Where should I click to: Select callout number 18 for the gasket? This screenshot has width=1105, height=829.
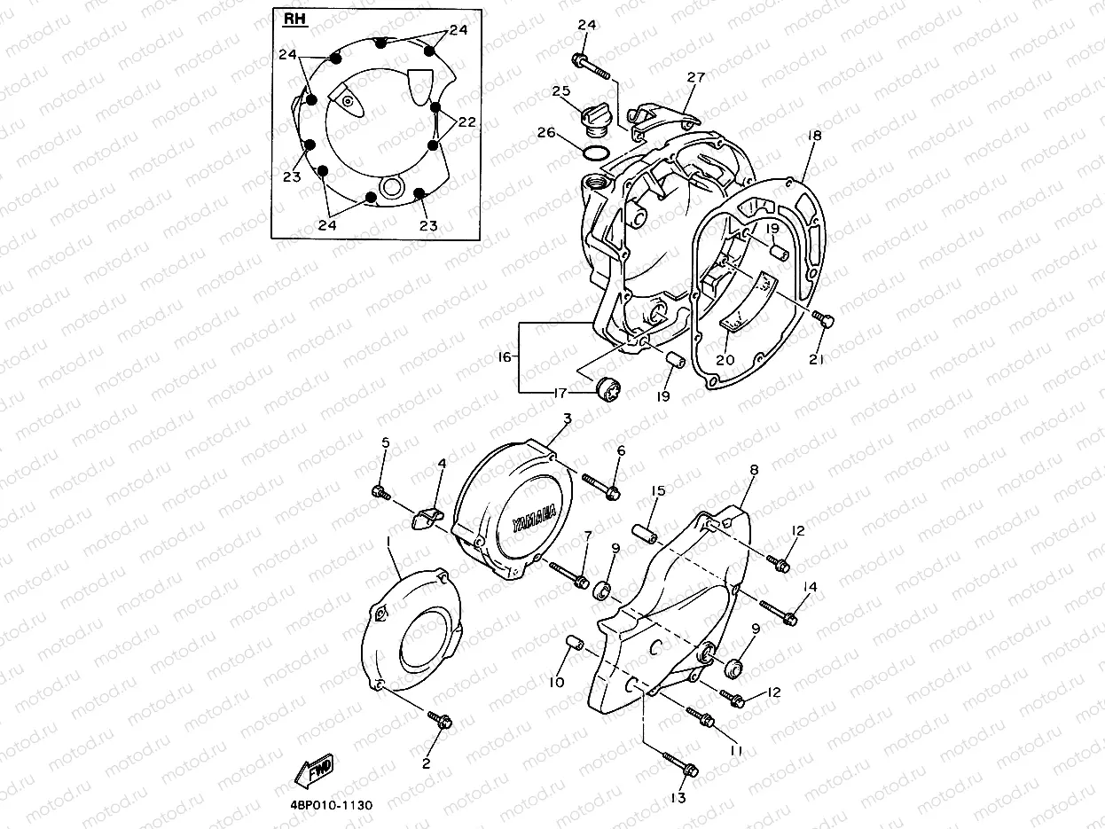[814, 136]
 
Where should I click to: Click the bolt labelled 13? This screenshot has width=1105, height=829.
[681, 763]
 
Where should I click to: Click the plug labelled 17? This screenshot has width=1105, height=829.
[607, 388]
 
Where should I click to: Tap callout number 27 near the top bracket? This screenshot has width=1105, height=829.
[696, 77]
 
